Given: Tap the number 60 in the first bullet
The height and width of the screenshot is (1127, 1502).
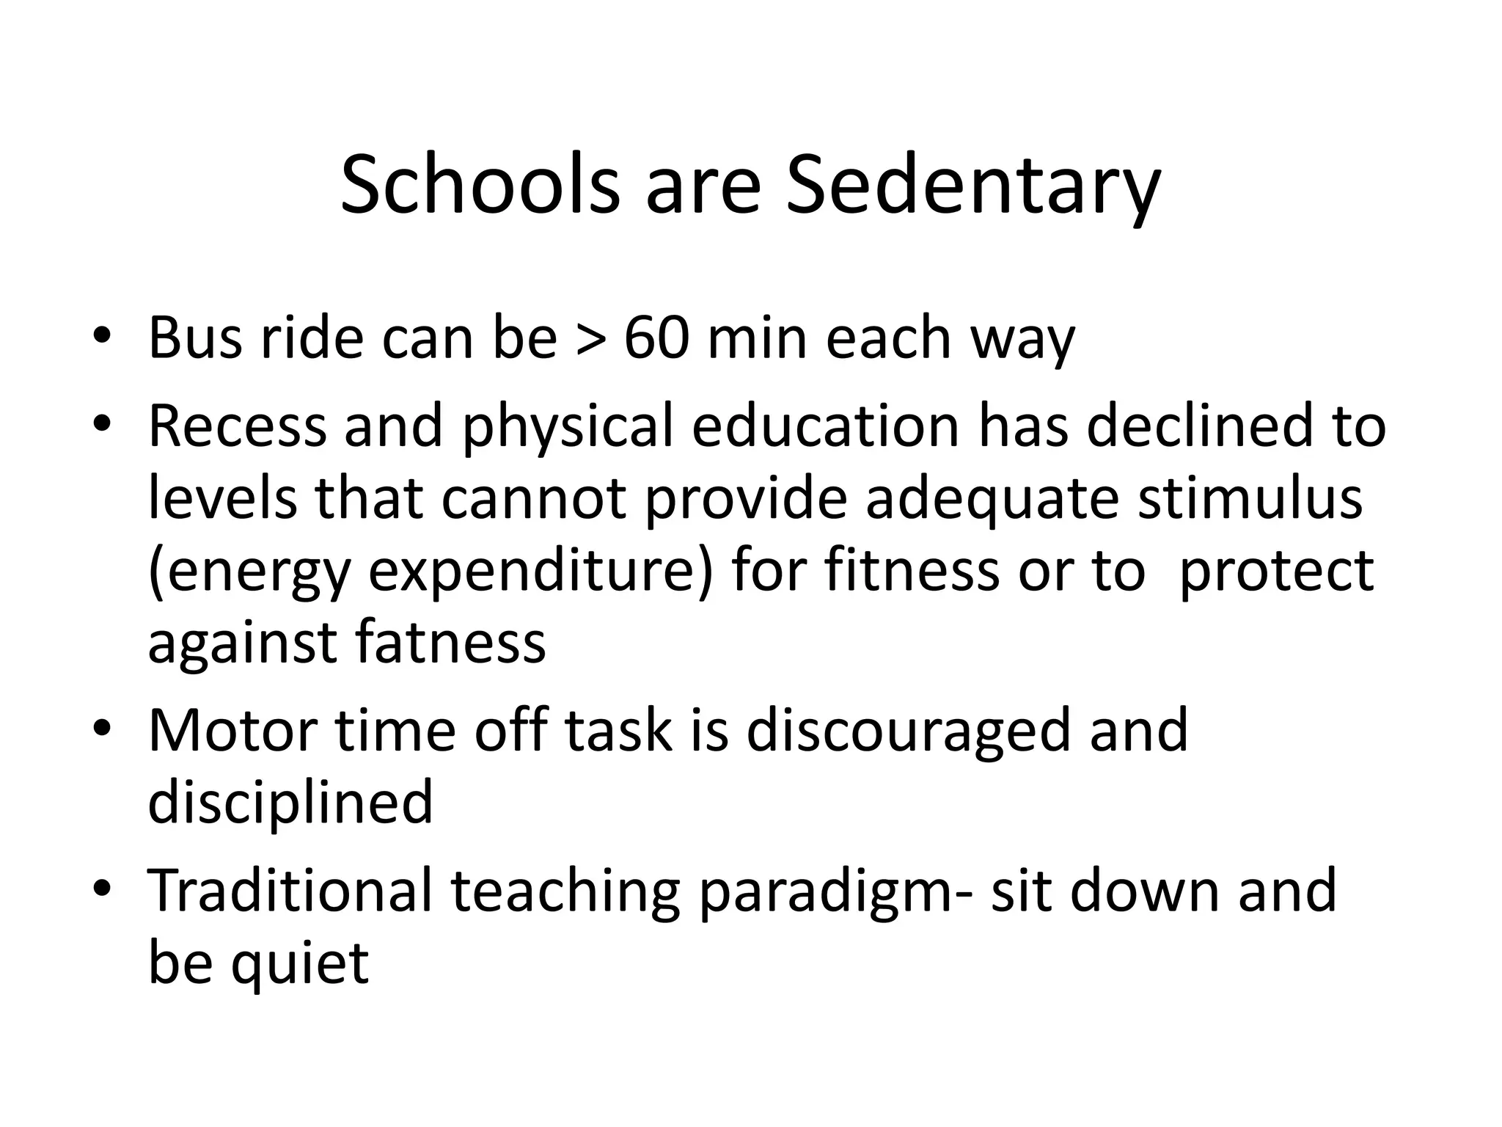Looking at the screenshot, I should pos(657,338).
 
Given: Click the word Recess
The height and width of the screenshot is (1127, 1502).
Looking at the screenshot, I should pos(237,426).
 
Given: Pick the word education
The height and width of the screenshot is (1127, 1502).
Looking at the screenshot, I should pos(825,426).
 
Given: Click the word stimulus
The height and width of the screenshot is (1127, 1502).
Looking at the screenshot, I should pos(1250,497).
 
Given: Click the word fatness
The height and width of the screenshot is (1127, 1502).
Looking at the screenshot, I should pos(450,642).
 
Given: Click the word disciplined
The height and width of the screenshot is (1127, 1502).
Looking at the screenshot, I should pos(290,802).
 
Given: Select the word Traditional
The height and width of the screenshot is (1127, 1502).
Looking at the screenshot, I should pos(290,889).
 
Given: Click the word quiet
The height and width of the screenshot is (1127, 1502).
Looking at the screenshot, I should pos(299,963).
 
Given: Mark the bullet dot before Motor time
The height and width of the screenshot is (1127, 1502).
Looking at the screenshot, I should pos(102,729).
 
